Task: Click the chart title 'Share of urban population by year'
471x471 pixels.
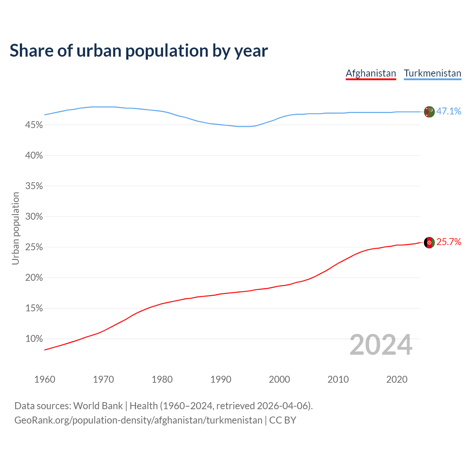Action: [x=139, y=51]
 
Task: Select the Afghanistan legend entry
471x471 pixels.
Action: [x=371, y=73]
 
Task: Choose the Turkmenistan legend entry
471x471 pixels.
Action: [x=432, y=73]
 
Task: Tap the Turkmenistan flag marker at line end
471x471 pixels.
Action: [x=429, y=111]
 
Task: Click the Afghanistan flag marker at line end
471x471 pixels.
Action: [x=429, y=242]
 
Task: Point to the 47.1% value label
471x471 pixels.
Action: [x=449, y=111]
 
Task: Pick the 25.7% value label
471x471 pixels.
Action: [x=449, y=242]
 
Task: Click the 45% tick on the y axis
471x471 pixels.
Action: [x=34, y=125]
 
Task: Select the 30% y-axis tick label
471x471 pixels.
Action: [x=34, y=216]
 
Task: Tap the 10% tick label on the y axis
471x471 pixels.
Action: [x=34, y=339]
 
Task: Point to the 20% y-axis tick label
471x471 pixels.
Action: [x=34, y=277]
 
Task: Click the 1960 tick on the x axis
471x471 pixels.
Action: [x=45, y=379]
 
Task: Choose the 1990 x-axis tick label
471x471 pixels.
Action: [x=221, y=379]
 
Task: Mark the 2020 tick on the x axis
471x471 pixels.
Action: [x=397, y=379]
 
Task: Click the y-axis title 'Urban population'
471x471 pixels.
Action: [x=15, y=228]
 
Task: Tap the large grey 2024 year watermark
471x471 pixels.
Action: [x=381, y=345]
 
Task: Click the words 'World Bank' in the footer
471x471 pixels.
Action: [x=98, y=406]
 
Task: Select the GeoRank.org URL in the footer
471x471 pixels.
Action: [x=138, y=420]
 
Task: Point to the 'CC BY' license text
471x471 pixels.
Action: [x=283, y=420]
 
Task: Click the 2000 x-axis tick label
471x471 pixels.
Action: [x=279, y=379]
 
